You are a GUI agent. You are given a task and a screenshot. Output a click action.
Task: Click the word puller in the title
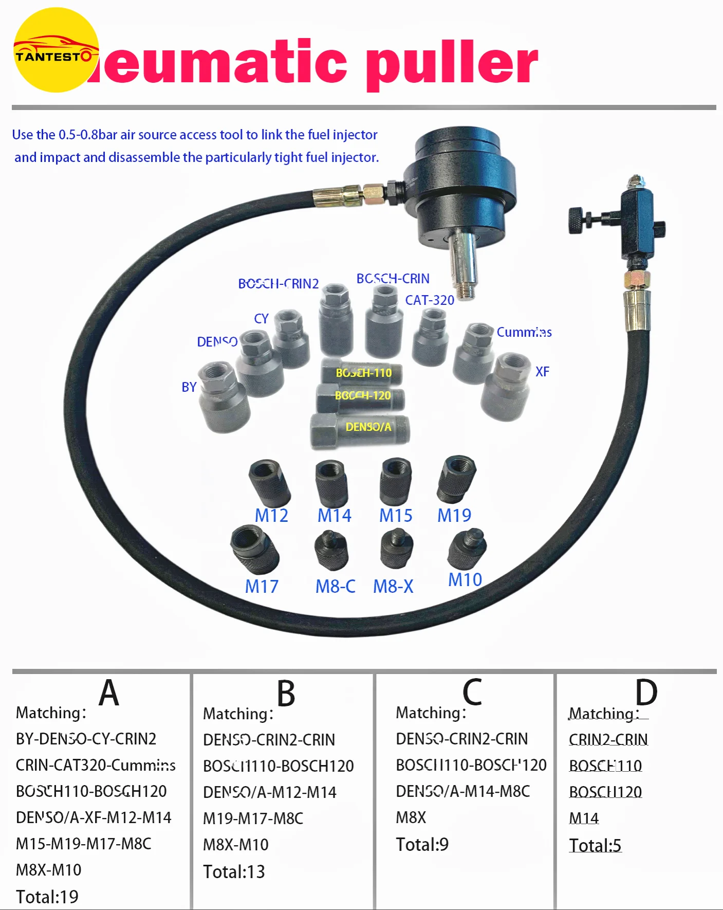pyautogui.click(x=452, y=64)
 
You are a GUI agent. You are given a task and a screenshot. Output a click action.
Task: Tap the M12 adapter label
pyautogui.click(x=271, y=515)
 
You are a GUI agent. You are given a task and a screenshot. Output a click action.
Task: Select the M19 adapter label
pyautogui.click(x=454, y=515)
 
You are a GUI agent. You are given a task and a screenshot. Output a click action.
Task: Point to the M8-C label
pyautogui.click(x=335, y=586)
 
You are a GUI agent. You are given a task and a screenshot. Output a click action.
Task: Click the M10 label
pyautogui.click(x=465, y=579)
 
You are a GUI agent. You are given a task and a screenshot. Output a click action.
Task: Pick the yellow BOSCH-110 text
pyautogui.click(x=364, y=373)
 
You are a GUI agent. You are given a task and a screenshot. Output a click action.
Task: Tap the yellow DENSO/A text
pyautogui.click(x=368, y=427)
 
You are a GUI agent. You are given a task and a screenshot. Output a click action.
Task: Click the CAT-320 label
pyautogui.click(x=430, y=300)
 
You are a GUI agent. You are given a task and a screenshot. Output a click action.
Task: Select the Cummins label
pyautogui.click(x=524, y=332)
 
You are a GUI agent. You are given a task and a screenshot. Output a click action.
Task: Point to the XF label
pyautogui.click(x=542, y=372)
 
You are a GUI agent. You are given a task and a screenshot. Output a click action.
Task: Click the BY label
pyautogui.click(x=189, y=387)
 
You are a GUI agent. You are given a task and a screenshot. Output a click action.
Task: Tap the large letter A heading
pyautogui.click(x=109, y=693)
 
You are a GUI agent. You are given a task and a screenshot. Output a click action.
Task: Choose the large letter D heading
pyautogui.click(x=646, y=693)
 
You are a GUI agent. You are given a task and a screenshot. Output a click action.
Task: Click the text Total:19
pyautogui.click(x=47, y=897)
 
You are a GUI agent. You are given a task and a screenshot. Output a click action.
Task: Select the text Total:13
pyautogui.click(x=234, y=871)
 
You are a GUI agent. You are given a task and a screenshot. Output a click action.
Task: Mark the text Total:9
pyautogui.click(x=422, y=844)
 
